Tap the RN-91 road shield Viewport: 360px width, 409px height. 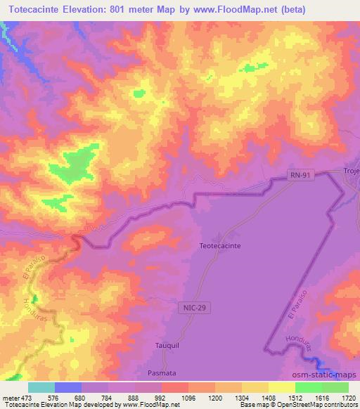pos(302,178)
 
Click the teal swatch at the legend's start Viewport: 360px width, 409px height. pos(41,387)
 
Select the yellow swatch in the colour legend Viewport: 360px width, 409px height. pos(281,387)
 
